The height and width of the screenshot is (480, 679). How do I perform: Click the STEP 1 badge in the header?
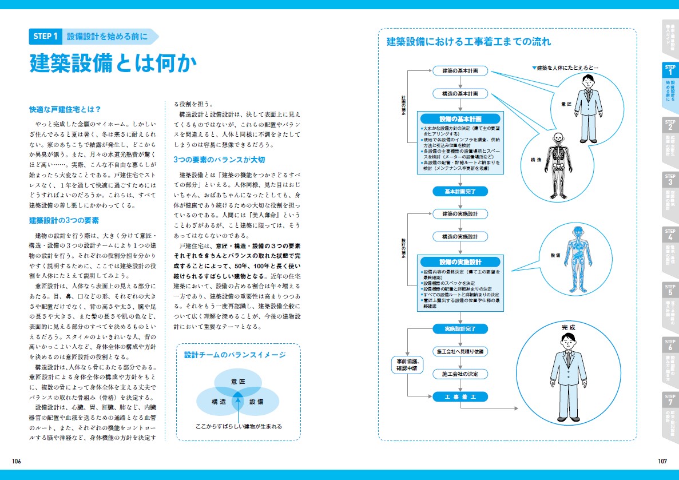coord(45,37)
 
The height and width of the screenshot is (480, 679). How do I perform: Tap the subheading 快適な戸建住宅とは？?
coord(65,109)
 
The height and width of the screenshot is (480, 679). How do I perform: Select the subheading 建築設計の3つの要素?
coord(64,220)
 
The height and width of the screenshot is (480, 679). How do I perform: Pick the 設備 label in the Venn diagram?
coord(257,402)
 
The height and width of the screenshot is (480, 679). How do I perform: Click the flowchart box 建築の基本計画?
coord(460,71)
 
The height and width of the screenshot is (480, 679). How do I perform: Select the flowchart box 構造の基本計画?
coord(460,93)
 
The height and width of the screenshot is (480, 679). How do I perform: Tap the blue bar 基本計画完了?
coord(460,191)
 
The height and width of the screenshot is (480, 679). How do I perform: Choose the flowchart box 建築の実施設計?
coord(460,214)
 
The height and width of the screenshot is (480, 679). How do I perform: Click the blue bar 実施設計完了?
coord(460,329)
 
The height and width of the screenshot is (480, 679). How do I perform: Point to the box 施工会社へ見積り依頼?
coord(460,351)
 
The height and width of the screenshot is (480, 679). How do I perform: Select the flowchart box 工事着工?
coord(460,396)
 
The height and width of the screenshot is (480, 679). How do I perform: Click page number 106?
coord(16,461)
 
